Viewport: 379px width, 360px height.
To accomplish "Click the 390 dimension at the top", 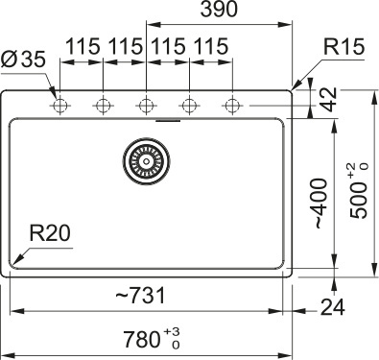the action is pyautogui.click(x=219, y=10).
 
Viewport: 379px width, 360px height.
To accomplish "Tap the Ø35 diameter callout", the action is pyautogui.click(x=23, y=60).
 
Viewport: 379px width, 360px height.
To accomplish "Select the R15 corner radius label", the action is pyautogui.click(x=343, y=47).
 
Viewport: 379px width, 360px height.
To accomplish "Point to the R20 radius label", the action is pyautogui.click(x=50, y=232).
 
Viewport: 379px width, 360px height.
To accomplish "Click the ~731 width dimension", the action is pyautogui.click(x=140, y=295).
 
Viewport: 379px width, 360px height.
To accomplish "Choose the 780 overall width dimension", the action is pyautogui.click(x=142, y=339).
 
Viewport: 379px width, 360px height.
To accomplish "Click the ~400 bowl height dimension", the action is pyautogui.click(x=320, y=204).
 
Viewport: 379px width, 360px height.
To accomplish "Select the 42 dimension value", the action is pyautogui.click(x=328, y=99).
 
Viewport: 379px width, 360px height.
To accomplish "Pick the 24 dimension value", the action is pyautogui.click(x=333, y=307).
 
